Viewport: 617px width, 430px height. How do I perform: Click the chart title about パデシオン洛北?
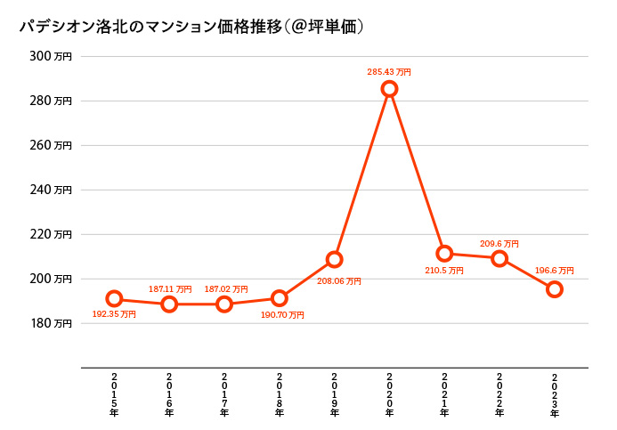point(191,27)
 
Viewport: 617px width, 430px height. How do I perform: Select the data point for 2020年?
point(389,88)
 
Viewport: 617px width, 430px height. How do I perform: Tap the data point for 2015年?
point(114,298)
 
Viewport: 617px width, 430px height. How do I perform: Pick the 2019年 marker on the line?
point(334,259)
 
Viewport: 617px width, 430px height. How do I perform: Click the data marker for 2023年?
point(555,288)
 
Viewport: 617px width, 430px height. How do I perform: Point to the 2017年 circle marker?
point(224,304)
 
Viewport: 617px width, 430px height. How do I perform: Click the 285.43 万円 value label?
point(389,72)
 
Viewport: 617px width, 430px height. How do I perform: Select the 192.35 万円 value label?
point(114,314)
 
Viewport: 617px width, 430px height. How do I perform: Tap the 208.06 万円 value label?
point(339,281)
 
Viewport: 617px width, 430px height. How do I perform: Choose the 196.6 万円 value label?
point(554,271)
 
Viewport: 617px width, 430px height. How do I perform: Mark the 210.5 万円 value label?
point(443,271)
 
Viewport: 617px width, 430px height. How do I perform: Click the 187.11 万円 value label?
point(170,289)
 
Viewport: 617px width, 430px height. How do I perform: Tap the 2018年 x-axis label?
point(280,394)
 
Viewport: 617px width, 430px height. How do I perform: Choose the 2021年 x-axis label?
point(444,394)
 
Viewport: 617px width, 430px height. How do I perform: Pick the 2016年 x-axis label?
point(169,394)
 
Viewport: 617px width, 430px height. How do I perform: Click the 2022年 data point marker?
point(499,258)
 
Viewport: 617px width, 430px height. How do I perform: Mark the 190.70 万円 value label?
point(282,315)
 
